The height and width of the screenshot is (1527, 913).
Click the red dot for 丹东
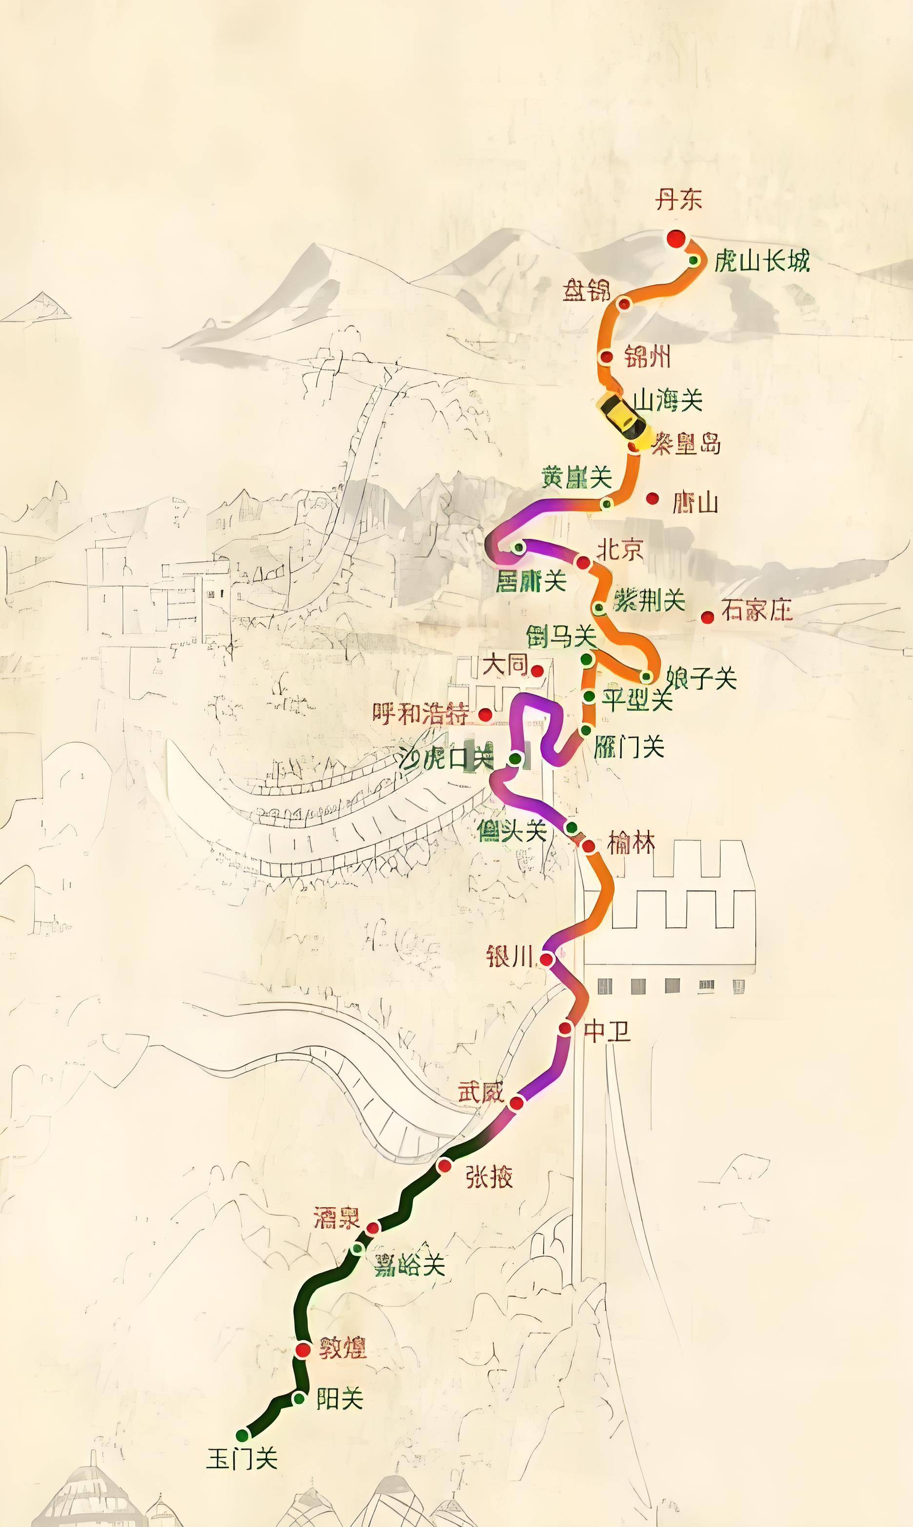(x=676, y=238)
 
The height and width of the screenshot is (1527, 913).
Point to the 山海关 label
(x=668, y=401)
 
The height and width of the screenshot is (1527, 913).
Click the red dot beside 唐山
(x=652, y=498)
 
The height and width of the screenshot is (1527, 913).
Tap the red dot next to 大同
(x=537, y=671)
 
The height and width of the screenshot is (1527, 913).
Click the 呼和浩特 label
(x=421, y=714)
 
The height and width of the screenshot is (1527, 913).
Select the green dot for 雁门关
(x=586, y=730)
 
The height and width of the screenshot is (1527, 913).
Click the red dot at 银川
(x=546, y=959)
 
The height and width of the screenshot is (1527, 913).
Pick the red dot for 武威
(x=517, y=1103)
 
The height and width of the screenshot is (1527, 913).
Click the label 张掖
(x=489, y=1177)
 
